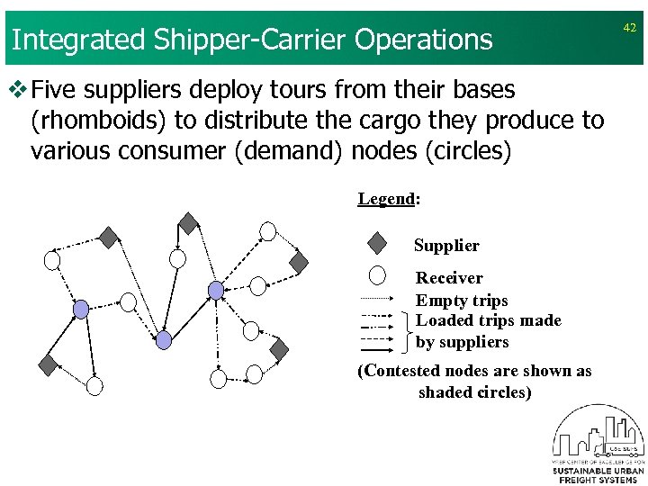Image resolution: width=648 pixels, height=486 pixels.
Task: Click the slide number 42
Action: coord(629,28)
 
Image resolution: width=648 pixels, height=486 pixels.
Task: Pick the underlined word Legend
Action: coord(385,199)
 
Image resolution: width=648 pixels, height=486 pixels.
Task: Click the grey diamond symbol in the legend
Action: coord(378,244)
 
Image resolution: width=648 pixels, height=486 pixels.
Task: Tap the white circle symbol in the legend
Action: coord(378,275)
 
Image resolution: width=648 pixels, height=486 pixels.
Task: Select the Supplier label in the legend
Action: coord(446,246)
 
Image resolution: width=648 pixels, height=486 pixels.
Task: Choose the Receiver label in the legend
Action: coord(449,278)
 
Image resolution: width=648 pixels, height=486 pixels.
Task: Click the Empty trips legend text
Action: coord(462,301)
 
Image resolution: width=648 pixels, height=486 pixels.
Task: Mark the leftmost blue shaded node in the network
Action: coord(81,310)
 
